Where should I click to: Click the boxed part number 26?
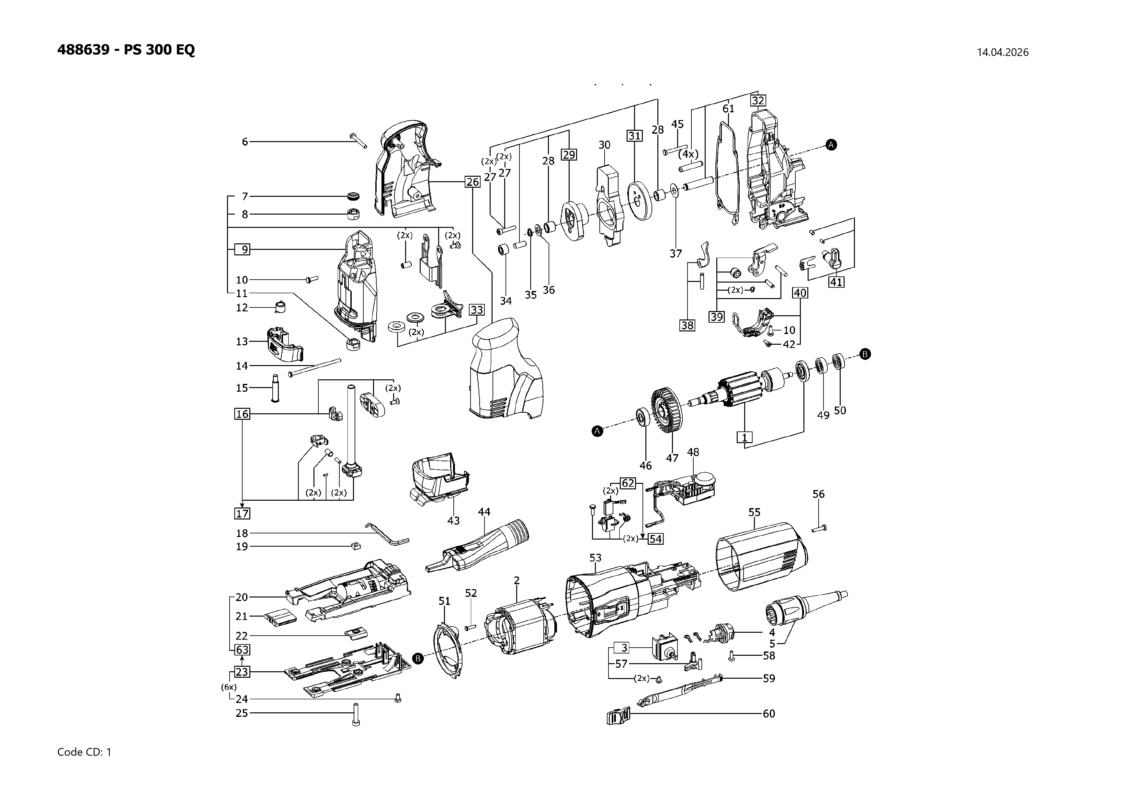[x=472, y=182]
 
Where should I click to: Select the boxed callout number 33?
[x=476, y=310]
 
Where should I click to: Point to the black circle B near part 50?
[x=865, y=354]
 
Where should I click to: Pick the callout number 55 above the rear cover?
[x=754, y=512]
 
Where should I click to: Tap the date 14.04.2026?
[x=1002, y=52]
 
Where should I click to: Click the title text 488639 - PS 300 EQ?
[x=126, y=50]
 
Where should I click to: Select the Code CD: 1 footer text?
[x=85, y=752]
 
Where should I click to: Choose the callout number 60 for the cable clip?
[x=769, y=713]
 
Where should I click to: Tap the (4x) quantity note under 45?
[x=688, y=154]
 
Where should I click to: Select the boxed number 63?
[x=242, y=650]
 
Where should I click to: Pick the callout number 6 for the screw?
[x=244, y=142]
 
